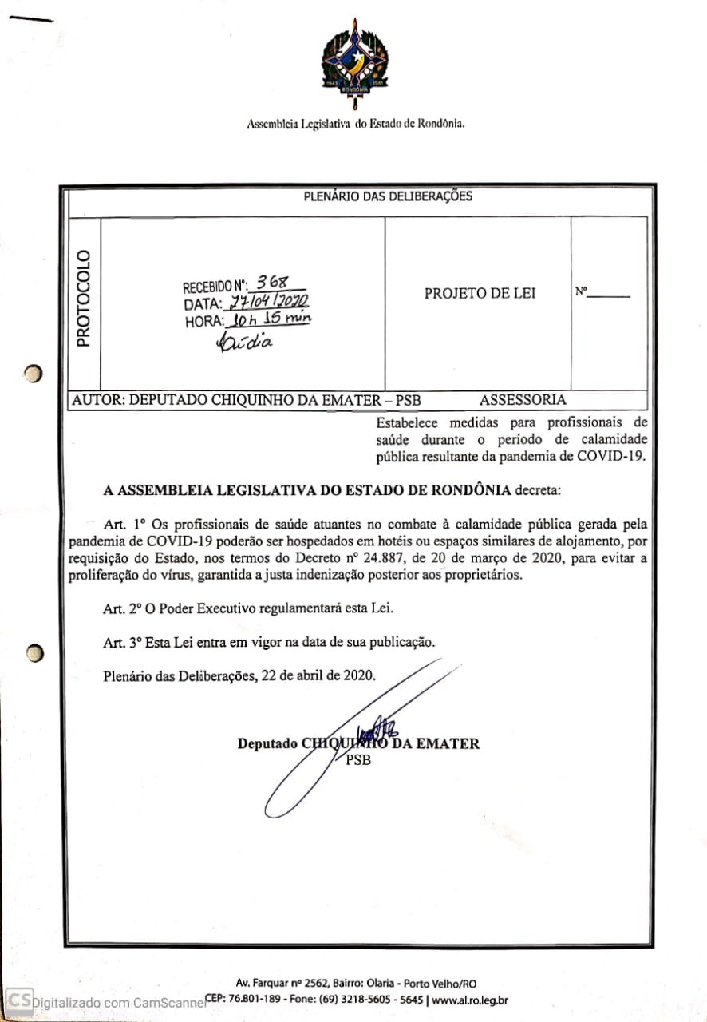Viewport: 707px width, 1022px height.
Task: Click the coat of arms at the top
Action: tap(355, 64)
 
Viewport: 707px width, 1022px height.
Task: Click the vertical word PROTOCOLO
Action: tap(83, 298)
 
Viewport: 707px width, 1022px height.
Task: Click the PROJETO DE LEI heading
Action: tap(480, 293)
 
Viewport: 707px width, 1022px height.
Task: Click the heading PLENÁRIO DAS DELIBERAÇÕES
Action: tap(388, 196)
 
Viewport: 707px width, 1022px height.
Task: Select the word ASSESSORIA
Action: tap(523, 400)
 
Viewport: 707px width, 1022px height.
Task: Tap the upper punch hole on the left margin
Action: tap(32, 373)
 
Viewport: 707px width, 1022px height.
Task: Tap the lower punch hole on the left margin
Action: tap(33, 653)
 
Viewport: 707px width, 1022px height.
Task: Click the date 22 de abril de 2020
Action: tap(319, 675)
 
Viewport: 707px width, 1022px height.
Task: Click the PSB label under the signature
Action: tap(358, 760)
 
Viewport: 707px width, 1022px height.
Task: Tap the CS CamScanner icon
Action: tap(19, 1000)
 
